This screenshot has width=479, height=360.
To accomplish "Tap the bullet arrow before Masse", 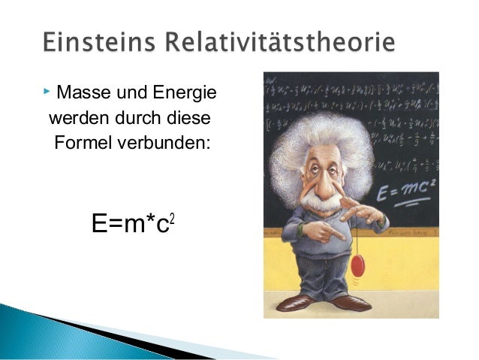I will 47,92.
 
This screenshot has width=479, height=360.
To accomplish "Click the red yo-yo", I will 359,267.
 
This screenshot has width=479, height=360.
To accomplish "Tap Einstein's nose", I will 331,183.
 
